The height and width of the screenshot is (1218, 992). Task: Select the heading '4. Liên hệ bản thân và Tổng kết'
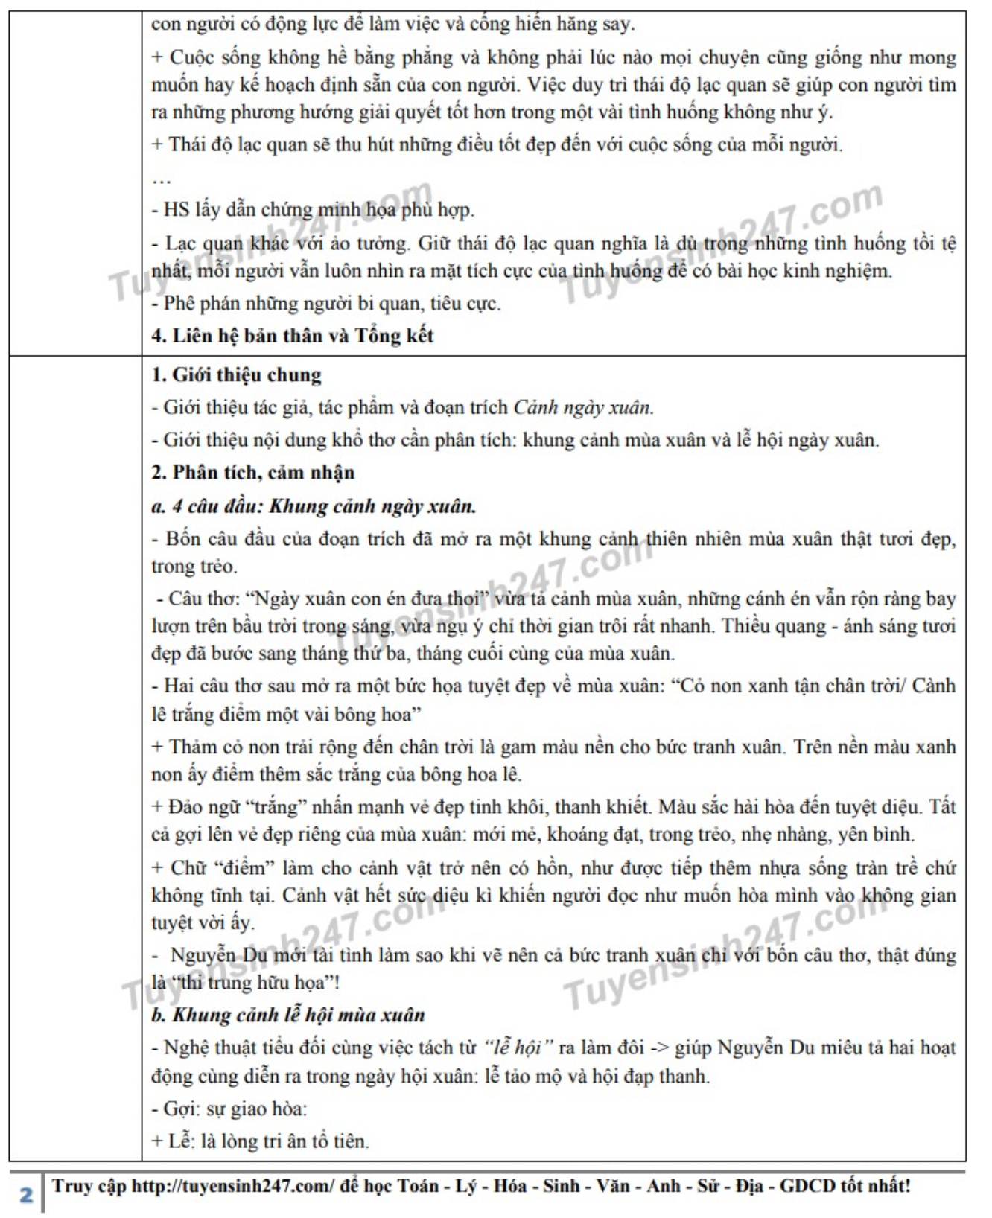click(x=292, y=336)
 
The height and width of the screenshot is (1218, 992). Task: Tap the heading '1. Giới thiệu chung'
click(x=236, y=374)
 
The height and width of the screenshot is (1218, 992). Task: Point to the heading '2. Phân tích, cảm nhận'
click(x=252, y=473)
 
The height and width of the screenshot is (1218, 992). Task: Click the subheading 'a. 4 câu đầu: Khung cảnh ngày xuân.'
click(x=314, y=507)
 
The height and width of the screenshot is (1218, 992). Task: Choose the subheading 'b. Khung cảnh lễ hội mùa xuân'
click(x=287, y=1015)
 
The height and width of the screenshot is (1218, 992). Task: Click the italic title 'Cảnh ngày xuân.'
click(x=583, y=407)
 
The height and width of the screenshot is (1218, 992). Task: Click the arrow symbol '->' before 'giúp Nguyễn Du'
click(x=658, y=1048)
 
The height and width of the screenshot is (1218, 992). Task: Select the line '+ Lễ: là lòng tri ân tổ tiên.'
click(x=260, y=1141)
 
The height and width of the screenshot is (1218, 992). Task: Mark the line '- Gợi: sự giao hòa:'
click(x=229, y=1109)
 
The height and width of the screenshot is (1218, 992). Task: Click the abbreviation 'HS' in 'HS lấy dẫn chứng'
click(x=177, y=210)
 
